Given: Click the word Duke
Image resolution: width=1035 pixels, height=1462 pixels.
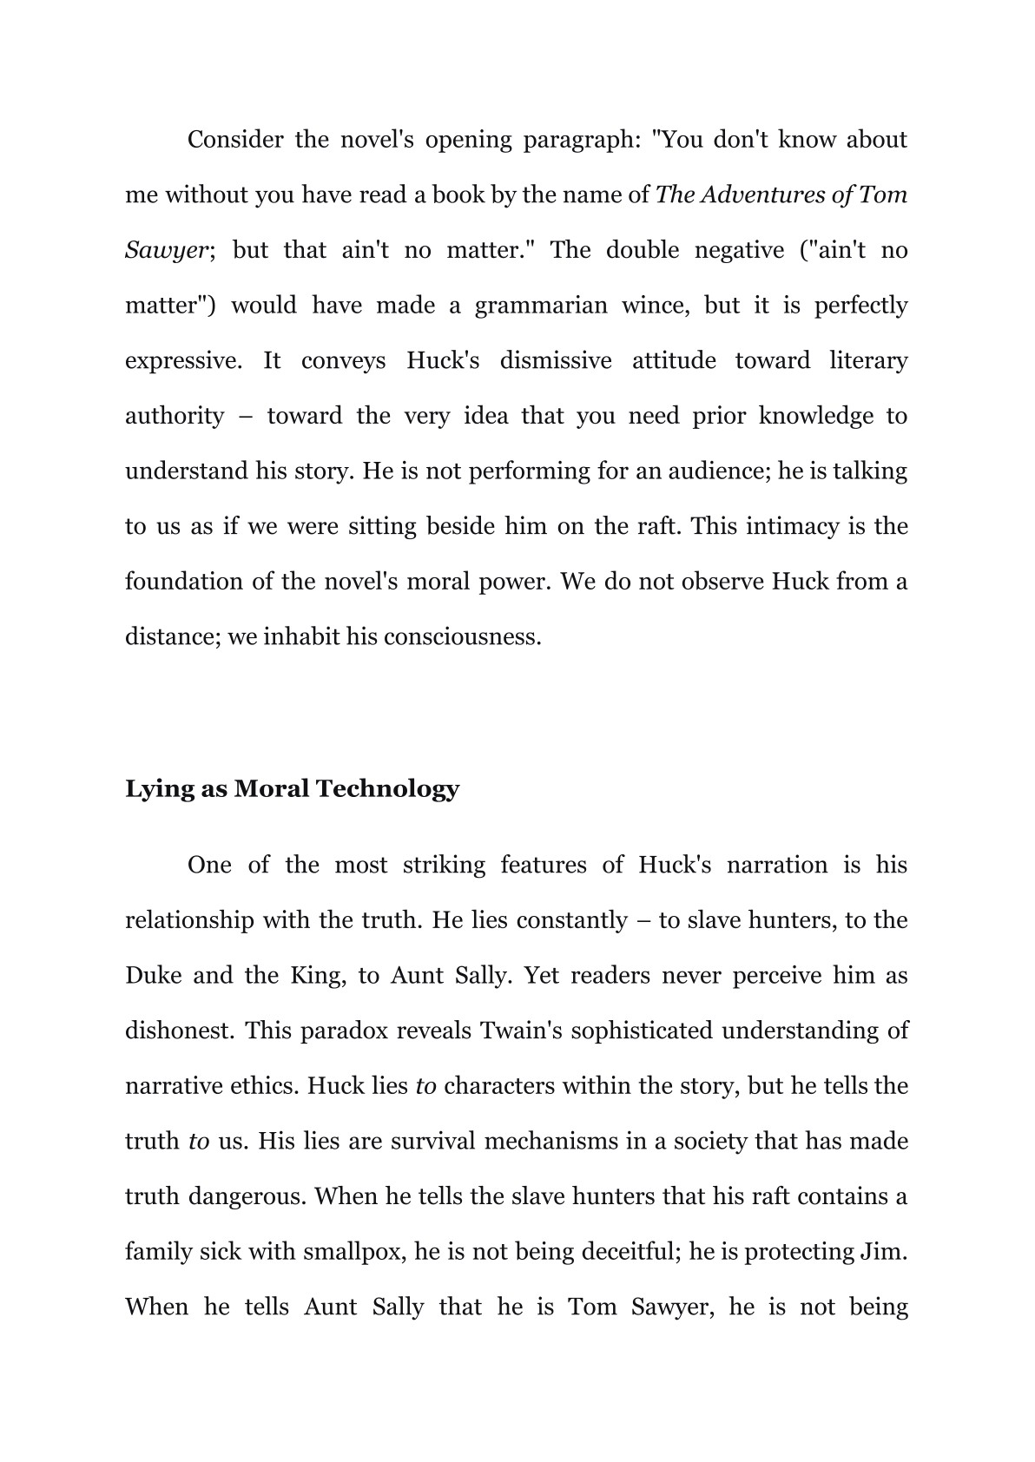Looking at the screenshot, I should [x=154, y=976].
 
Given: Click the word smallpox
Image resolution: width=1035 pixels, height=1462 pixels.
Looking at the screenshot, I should [x=354, y=1252].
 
